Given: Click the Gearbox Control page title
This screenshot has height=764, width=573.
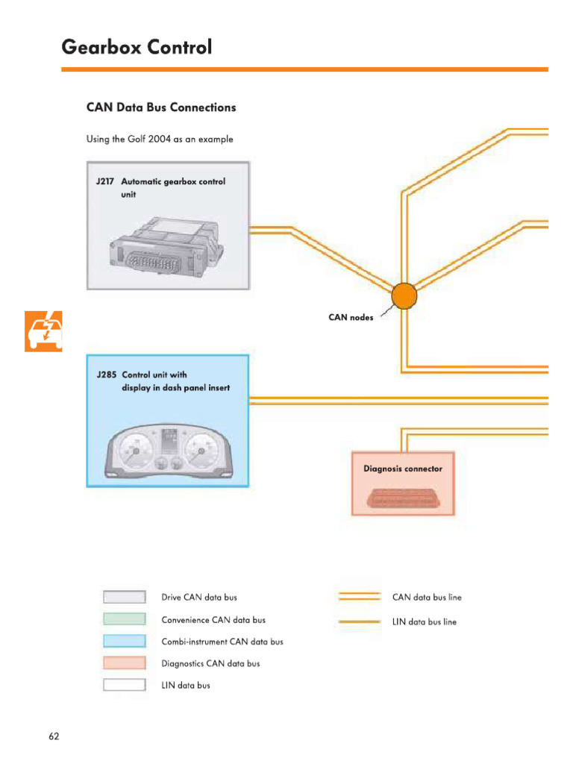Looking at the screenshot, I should [x=137, y=47].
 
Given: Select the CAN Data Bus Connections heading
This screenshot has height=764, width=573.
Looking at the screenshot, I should [x=161, y=107].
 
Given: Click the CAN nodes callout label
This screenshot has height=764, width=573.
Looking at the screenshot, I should [x=351, y=317].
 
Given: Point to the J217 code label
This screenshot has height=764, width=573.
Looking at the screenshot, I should [x=105, y=181].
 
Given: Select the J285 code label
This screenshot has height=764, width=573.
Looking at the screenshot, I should [x=105, y=375].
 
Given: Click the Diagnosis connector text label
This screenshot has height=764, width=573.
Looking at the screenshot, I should [x=402, y=469].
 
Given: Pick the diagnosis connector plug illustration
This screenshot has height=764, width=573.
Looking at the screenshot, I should [x=402, y=497].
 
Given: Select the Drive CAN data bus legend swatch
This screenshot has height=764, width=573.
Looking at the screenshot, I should [x=124, y=597].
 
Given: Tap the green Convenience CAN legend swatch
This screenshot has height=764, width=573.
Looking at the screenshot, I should [x=124, y=619].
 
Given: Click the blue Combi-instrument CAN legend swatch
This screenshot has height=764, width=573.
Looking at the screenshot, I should [x=124, y=641].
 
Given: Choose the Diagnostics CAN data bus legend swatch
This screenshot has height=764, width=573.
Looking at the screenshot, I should [x=124, y=663].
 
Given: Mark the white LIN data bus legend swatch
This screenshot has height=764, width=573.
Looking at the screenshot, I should [x=124, y=685].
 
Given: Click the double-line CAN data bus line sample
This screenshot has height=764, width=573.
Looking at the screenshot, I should [x=360, y=597].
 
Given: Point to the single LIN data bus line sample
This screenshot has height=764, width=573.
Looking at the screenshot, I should [x=360, y=621].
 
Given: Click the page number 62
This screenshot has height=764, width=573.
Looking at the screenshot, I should [x=54, y=736].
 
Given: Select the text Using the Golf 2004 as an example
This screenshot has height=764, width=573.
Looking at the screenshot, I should [x=160, y=140].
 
